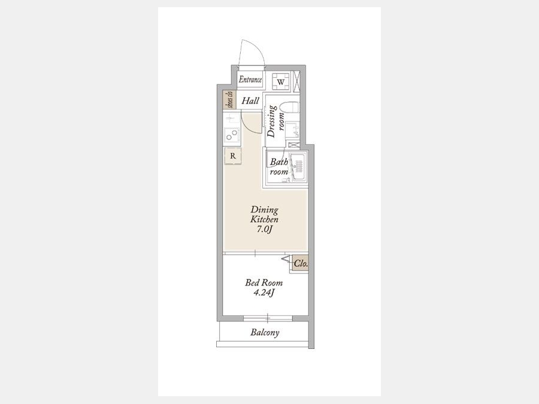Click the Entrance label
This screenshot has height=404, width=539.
[x=250, y=80]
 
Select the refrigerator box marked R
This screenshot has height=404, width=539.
[x=233, y=156]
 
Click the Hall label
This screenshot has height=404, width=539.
[x=250, y=101]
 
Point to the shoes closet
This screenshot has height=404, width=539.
[x=229, y=99]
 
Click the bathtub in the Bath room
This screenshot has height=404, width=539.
[x=297, y=168]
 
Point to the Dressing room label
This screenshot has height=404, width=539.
[x=276, y=121]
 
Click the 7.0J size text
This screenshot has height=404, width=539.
[x=264, y=229]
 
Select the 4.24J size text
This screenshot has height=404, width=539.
[x=264, y=293]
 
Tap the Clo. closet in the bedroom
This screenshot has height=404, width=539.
[x=300, y=264]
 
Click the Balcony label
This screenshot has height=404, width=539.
[x=265, y=332]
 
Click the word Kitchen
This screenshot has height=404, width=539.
[x=264, y=219]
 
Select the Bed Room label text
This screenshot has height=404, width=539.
[x=264, y=283]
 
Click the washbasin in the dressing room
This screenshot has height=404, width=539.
[x=292, y=130]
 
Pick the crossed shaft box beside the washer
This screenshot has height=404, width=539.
[x=296, y=82]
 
